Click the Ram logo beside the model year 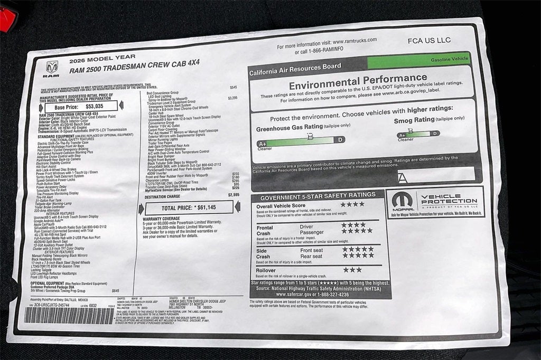pyautogui.click(x=52, y=69)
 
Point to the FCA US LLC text pyautogui.click(x=430, y=40)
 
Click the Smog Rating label pyautogui.click(x=417, y=120)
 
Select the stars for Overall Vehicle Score pyautogui.click(x=352, y=204)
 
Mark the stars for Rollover pyautogui.click(x=352, y=270)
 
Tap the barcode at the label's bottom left pyautogui.click(x=70, y=316)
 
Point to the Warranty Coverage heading pyautogui.click(x=162, y=218)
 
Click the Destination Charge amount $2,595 pyautogui.click(x=234, y=194)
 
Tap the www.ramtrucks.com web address pyautogui.click(x=355, y=41)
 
